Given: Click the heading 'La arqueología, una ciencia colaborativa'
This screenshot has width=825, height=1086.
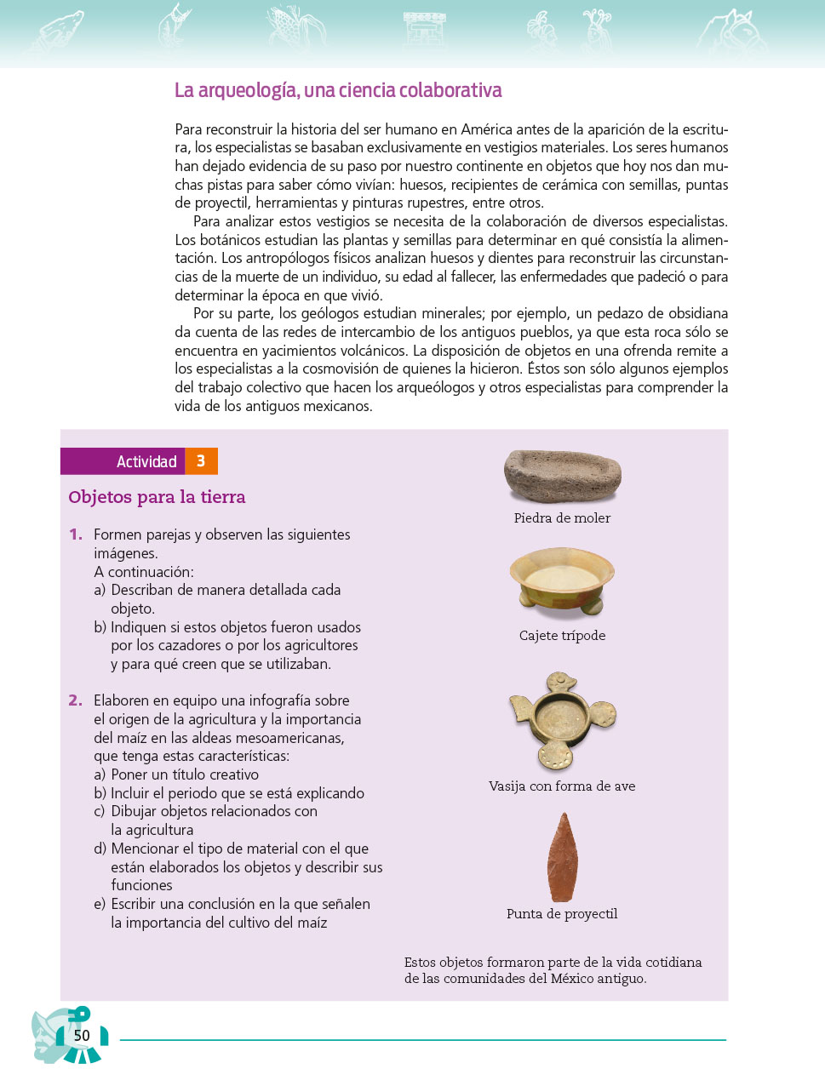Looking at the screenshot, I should tap(338, 90).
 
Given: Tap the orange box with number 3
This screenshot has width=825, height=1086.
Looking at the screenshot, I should tap(201, 461).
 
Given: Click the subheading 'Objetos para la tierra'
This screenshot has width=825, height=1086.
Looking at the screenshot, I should tap(157, 497).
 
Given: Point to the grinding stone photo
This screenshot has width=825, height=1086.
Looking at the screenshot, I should tap(562, 476).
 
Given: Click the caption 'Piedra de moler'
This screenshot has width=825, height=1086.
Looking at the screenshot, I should tap(562, 518).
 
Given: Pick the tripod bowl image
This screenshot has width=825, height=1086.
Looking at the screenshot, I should tap(562, 579).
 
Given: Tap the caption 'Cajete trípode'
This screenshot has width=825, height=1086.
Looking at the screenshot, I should tap(562, 636).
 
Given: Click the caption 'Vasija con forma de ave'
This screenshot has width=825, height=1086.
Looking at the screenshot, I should tap(562, 786).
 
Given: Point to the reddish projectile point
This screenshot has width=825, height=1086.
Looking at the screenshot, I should tap(561, 857).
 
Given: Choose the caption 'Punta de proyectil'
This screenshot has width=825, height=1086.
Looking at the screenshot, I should tap(562, 914).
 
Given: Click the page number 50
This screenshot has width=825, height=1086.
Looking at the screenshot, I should tap(82, 1036).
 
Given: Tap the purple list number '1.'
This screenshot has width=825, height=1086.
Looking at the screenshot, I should tap(76, 534).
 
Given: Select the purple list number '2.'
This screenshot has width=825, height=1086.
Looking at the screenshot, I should tap(76, 700).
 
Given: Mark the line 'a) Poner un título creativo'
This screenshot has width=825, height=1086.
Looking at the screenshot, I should tap(176, 774).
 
